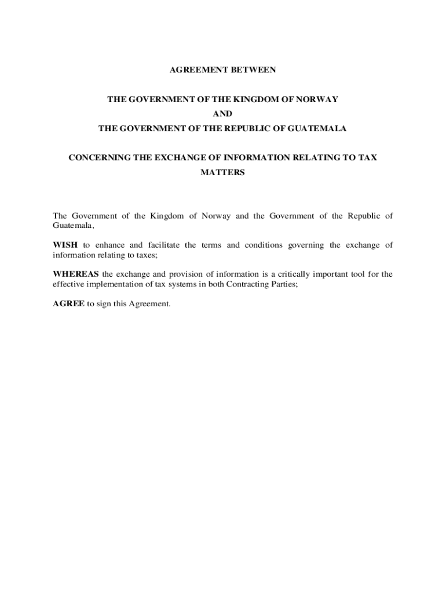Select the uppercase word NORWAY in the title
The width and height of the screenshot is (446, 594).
(x=318, y=99)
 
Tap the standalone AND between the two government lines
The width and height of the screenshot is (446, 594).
(x=223, y=114)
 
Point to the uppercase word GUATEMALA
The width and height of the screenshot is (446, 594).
(x=321, y=128)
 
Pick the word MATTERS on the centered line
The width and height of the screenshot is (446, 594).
(x=223, y=172)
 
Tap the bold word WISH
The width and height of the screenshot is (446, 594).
(x=65, y=245)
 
